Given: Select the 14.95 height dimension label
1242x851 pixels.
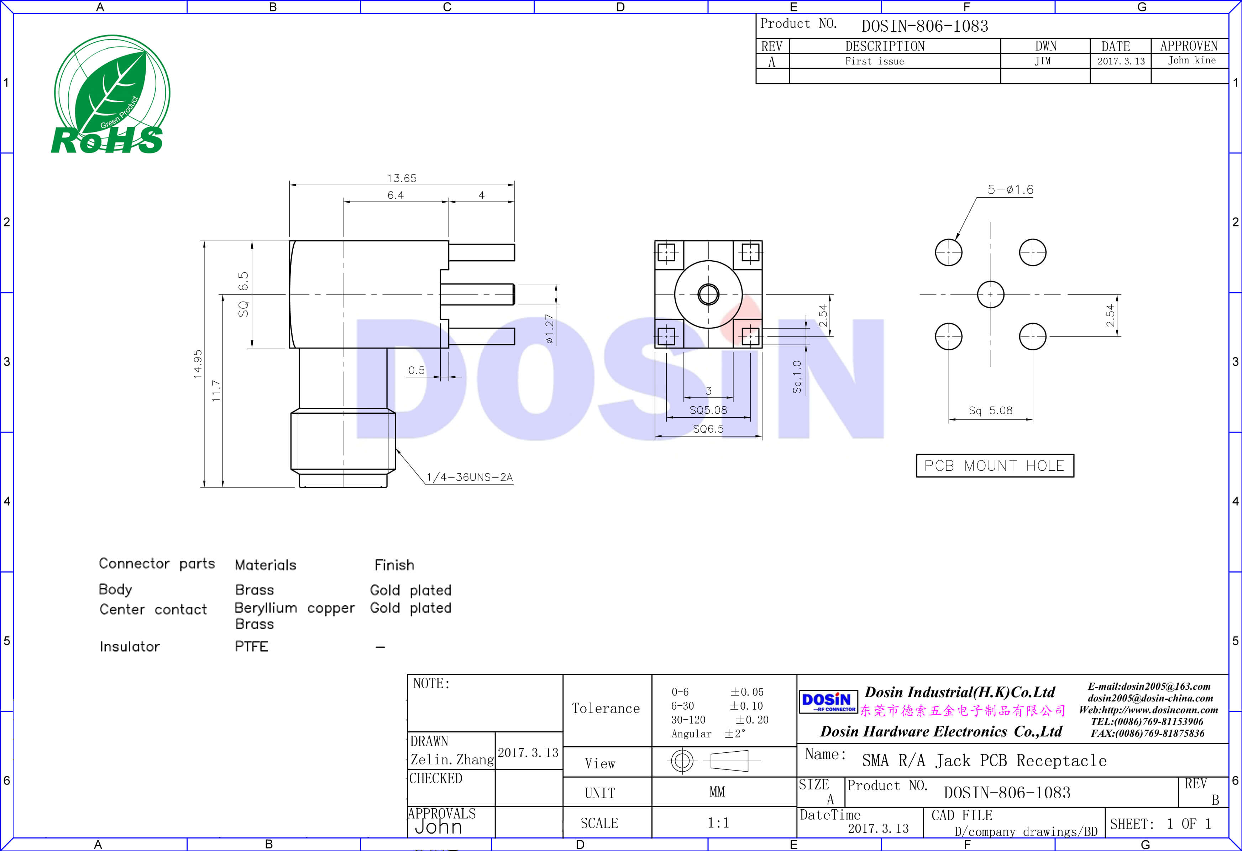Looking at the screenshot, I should coord(198,364).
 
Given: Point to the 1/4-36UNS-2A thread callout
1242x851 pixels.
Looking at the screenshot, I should coord(469,477).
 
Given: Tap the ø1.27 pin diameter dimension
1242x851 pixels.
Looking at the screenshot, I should coord(549,328).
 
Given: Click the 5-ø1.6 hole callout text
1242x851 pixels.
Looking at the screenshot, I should coord(1010,190).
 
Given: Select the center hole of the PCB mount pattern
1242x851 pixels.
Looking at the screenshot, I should coord(990,294).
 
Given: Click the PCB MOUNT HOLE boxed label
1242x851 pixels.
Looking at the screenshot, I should coord(995,466).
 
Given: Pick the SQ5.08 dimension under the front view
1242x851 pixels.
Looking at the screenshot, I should coord(708,410).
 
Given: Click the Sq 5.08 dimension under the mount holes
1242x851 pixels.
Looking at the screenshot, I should coord(990,411).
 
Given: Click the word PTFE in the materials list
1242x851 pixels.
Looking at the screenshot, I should coord(251,646).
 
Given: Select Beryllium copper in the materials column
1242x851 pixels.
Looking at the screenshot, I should coord(294,608).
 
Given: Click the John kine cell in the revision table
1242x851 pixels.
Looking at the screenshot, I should coord(1191,61).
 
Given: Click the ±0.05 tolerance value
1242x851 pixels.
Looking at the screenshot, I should coord(747,692).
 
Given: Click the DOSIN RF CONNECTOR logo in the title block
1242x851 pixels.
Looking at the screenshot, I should coord(828,702).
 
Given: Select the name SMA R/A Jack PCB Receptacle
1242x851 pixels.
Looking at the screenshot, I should coord(984,760).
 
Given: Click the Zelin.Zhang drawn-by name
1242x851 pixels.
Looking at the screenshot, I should coord(452,759).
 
